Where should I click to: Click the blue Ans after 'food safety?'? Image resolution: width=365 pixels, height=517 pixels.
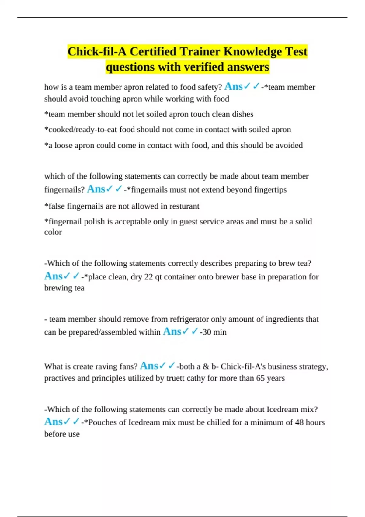click(x=233, y=87)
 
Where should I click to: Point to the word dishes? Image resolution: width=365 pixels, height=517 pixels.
click(x=242, y=114)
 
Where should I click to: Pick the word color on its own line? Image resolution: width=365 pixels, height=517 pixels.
click(x=53, y=232)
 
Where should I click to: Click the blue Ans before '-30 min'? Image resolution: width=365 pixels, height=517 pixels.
click(x=172, y=331)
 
